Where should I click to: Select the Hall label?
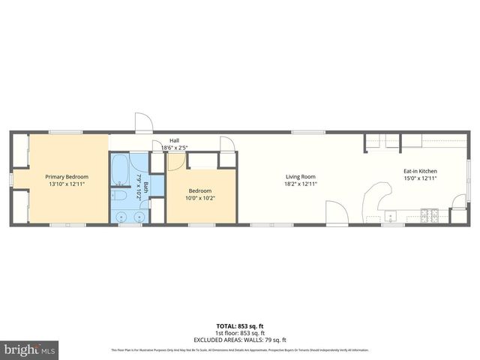pos(174,140)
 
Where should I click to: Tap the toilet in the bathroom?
pos(119,196)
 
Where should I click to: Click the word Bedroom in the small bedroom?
pos(199,191)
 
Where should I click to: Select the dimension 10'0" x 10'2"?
pos(199,199)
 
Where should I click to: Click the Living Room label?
pos(300,177)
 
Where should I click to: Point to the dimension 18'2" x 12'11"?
pos(300,184)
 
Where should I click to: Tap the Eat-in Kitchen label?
pos(420,171)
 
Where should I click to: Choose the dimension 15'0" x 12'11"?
pos(420,178)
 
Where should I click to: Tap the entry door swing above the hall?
pos(142,123)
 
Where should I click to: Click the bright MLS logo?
pos(30,349)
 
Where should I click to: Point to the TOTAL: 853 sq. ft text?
pos(239,325)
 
